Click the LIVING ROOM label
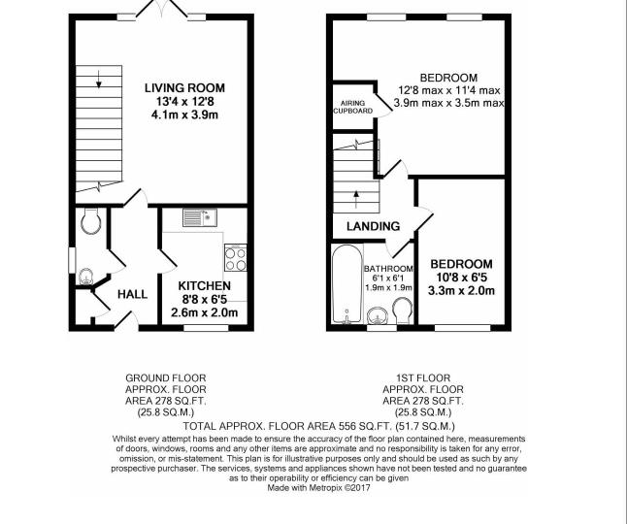pos(184,88)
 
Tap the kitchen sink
pos(200,217)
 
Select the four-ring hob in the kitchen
pos(236,258)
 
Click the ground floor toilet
pos(90,221)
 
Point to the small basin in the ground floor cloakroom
pos(86,277)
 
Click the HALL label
pos(132,295)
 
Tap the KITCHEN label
pos(205,286)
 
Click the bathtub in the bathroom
pos(347,283)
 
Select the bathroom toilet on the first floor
pos(402,311)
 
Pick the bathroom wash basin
pos(377,315)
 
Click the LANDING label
pos(373,227)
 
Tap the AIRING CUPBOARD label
pos(353,107)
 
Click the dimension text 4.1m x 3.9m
pos(184,115)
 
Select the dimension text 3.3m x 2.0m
pos(461,290)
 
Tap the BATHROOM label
pos(388,269)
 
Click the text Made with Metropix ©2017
pos(318,488)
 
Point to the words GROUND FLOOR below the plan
pos(166,377)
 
